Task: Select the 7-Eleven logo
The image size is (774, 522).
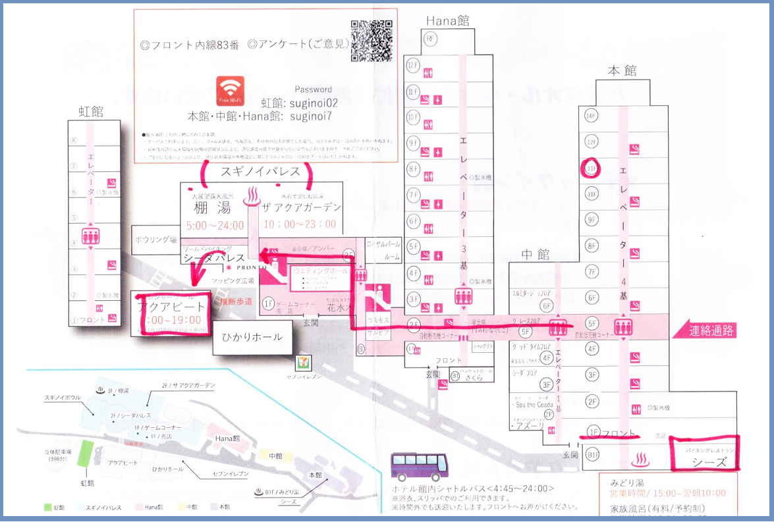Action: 302,361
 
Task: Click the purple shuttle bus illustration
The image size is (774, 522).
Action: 418,467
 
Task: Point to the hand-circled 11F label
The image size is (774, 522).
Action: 590,168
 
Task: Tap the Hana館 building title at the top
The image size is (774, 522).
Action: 447,21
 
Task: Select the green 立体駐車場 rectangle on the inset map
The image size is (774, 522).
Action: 84,454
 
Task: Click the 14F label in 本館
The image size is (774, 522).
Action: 590,116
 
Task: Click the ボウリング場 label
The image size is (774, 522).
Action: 155,239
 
